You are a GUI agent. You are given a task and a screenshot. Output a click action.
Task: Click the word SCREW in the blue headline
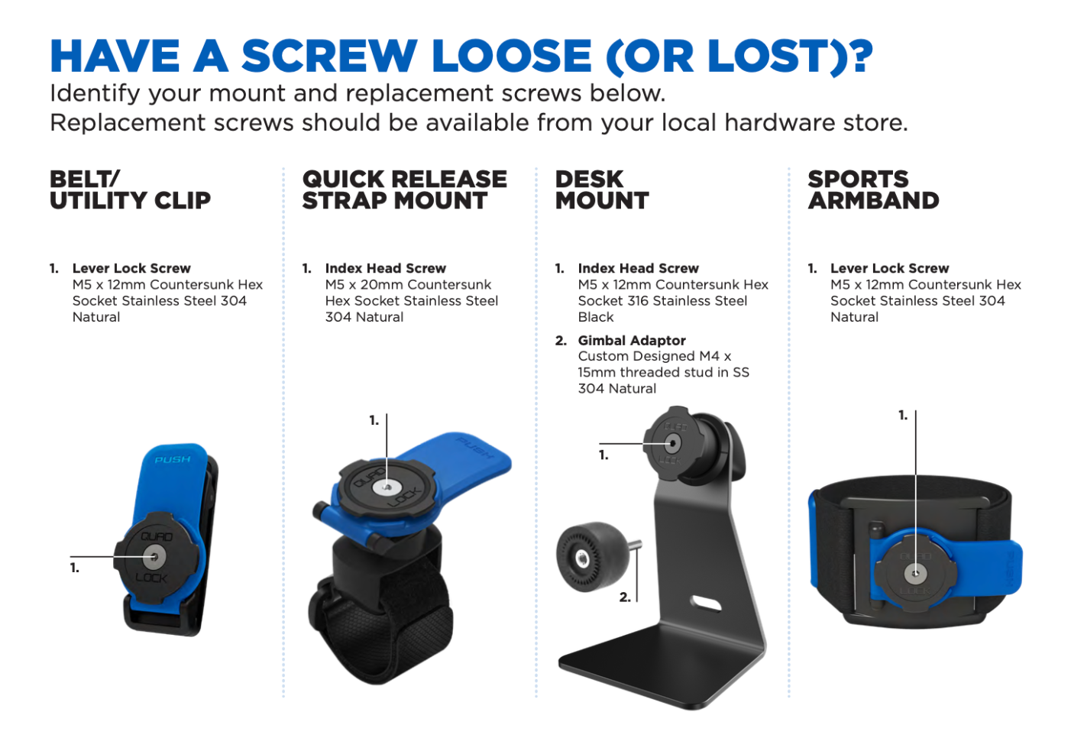point(329,56)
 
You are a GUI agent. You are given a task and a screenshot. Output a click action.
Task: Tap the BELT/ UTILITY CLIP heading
point(130,190)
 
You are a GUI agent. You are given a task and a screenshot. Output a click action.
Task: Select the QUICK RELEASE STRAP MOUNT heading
point(405,190)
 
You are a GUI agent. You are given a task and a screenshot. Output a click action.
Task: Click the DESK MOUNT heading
point(602,190)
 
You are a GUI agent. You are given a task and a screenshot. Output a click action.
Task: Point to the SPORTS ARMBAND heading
point(873,190)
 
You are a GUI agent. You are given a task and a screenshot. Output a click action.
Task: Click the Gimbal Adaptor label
point(632,341)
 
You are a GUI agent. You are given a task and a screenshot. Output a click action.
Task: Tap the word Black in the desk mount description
point(596,317)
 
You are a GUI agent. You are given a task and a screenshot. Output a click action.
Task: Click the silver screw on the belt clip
point(154,556)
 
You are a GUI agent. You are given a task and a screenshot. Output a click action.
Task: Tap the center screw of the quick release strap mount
point(387,488)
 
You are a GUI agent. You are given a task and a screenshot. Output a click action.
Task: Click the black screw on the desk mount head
point(673,443)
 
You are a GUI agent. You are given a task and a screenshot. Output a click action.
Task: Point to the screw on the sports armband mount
point(915,574)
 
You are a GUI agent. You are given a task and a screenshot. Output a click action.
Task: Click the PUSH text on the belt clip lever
point(173,460)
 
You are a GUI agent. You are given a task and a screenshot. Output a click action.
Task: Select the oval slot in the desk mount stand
point(706,604)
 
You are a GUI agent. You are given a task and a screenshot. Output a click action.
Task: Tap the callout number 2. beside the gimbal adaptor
point(625,597)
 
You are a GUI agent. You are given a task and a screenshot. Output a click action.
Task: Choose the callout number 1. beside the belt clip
point(75,568)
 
